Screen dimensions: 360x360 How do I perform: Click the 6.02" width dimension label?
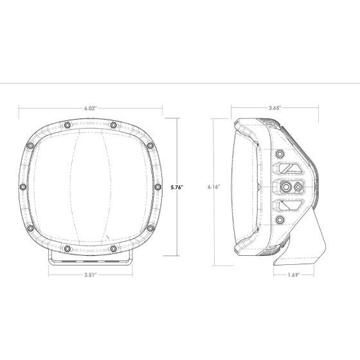pos(89,109)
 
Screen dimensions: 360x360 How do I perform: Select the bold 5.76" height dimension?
pos(177,187)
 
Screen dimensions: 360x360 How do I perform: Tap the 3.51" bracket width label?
pos(91,275)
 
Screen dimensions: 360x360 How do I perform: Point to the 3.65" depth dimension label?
pos(275,108)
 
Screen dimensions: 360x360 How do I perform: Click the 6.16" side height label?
pos(214,187)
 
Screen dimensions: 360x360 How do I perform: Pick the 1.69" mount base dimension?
pos(294,275)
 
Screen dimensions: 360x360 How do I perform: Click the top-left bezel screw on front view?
pos(67,125)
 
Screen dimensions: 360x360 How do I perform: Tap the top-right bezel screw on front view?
pos(113,125)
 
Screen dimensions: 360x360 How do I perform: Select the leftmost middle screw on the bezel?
pos(23,187)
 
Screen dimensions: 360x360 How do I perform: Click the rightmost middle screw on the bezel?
pos(157,187)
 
